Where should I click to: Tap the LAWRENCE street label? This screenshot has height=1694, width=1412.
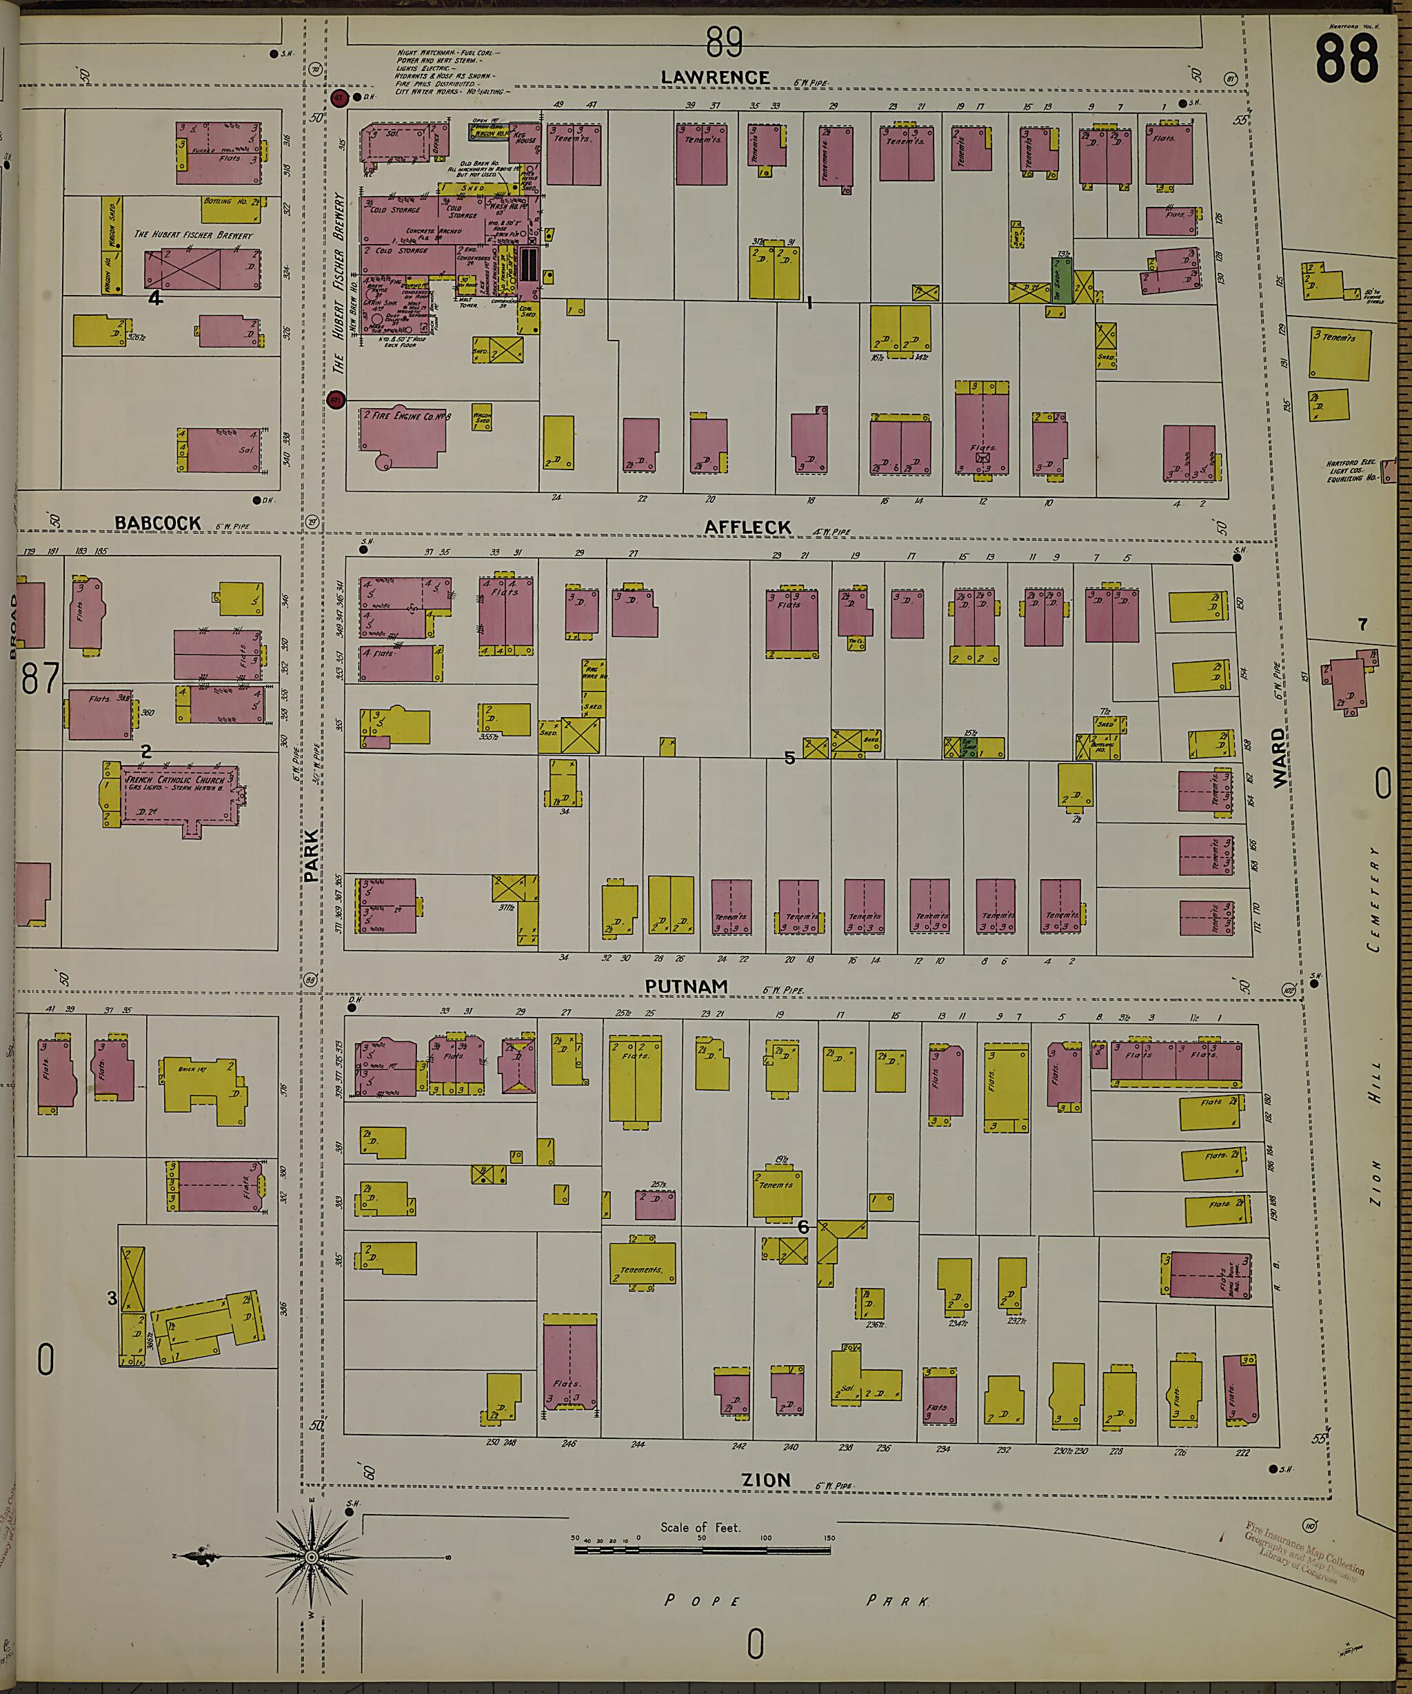(715, 77)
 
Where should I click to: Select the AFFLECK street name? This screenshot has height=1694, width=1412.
(747, 527)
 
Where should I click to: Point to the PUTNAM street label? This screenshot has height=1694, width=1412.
(686, 986)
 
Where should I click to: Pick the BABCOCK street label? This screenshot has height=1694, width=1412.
(157, 523)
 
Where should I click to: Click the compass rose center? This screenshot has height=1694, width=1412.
(311, 1556)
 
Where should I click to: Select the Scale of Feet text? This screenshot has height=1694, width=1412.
(700, 1527)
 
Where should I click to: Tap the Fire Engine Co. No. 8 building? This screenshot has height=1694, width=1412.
(401, 436)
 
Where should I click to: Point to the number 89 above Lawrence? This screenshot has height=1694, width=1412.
(724, 42)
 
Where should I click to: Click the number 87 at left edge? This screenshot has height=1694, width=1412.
(41, 678)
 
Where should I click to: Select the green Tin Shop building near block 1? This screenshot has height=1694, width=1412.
(1061, 281)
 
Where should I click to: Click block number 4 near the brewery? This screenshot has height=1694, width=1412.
(156, 298)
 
